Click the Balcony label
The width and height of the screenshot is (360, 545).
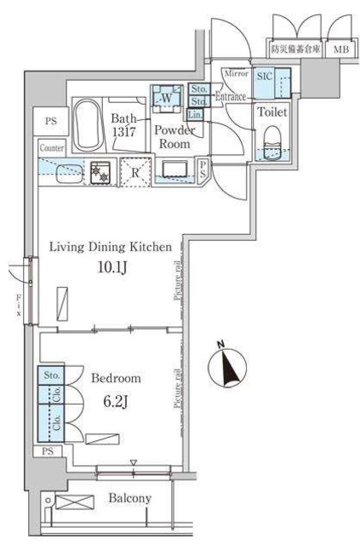[129, 498]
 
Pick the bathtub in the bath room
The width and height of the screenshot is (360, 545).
[85, 125]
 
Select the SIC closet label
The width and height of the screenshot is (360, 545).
[263, 76]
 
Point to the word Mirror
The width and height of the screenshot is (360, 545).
[235, 74]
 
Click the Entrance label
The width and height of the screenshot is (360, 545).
[230, 97]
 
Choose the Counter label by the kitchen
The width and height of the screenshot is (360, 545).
[52, 147]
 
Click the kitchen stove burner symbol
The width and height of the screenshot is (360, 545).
[100, 170]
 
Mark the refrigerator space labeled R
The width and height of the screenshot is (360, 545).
[134, 171]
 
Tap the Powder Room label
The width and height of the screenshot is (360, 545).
[174, 137]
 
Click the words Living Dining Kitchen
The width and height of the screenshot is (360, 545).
[111, 248]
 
